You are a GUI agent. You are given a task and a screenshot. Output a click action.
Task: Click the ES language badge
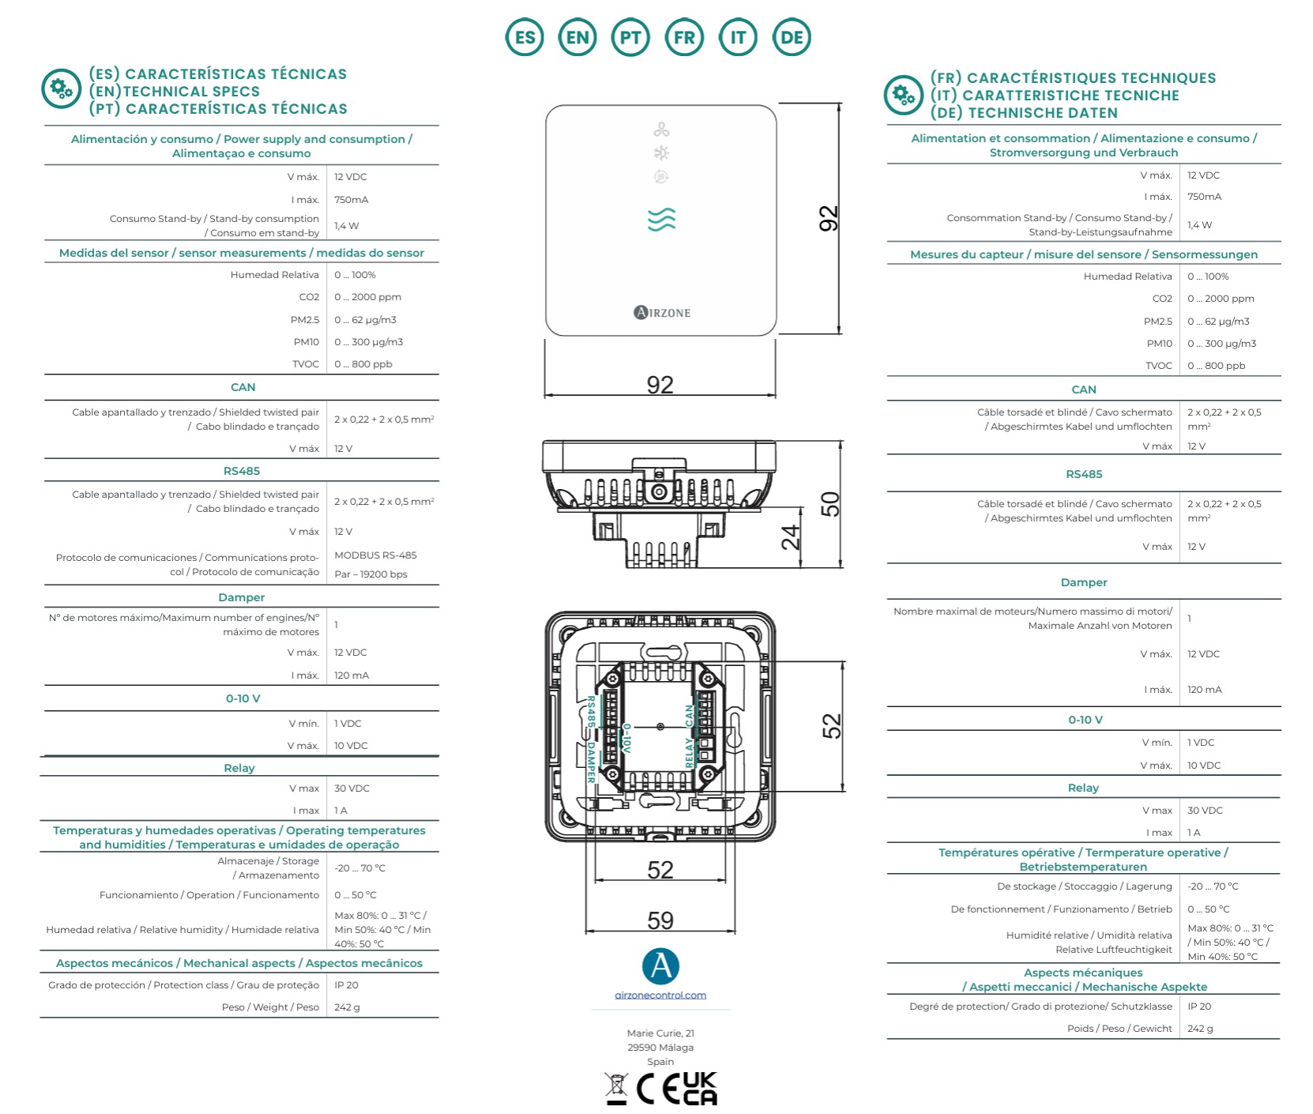click(525, 37)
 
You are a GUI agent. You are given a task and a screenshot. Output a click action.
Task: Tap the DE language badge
click(792, 37)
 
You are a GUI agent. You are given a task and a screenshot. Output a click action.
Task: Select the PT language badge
click(630, 37)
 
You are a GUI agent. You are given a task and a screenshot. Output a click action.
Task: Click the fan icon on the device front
click(661, 130)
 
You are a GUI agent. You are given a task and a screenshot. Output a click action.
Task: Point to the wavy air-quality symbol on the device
click(661, 220)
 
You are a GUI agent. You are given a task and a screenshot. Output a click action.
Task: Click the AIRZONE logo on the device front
click(662, 313)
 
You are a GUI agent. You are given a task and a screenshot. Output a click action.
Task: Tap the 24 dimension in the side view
click(790, 537)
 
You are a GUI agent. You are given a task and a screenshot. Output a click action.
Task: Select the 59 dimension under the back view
click(660, 920)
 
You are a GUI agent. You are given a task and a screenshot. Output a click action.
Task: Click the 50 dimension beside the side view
click(830, 504)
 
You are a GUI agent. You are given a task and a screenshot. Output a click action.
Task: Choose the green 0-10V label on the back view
click(626, 738)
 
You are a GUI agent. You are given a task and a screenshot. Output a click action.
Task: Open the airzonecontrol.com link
click(660, 995)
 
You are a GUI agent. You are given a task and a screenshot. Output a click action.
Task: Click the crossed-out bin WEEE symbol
click(616, 1089)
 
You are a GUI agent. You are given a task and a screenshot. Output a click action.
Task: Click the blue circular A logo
click(660, 966)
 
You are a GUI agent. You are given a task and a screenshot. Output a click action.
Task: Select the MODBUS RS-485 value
click(375, 555)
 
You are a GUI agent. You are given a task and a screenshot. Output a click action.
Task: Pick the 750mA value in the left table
click(352, 200)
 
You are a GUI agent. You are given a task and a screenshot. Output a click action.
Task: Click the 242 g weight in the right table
click(1200, 1029)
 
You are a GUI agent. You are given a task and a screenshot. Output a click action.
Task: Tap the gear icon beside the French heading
click(903, 96)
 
